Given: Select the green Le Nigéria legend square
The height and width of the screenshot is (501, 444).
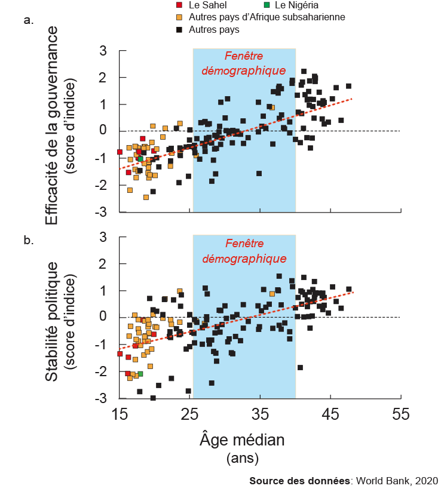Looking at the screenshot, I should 267,5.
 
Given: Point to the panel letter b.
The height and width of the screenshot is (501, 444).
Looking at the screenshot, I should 27,241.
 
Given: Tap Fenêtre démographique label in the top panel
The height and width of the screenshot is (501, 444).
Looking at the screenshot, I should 244,63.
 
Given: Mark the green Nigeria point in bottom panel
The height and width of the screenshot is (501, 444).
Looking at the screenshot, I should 140,374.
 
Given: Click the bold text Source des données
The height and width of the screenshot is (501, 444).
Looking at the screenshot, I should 302,481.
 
